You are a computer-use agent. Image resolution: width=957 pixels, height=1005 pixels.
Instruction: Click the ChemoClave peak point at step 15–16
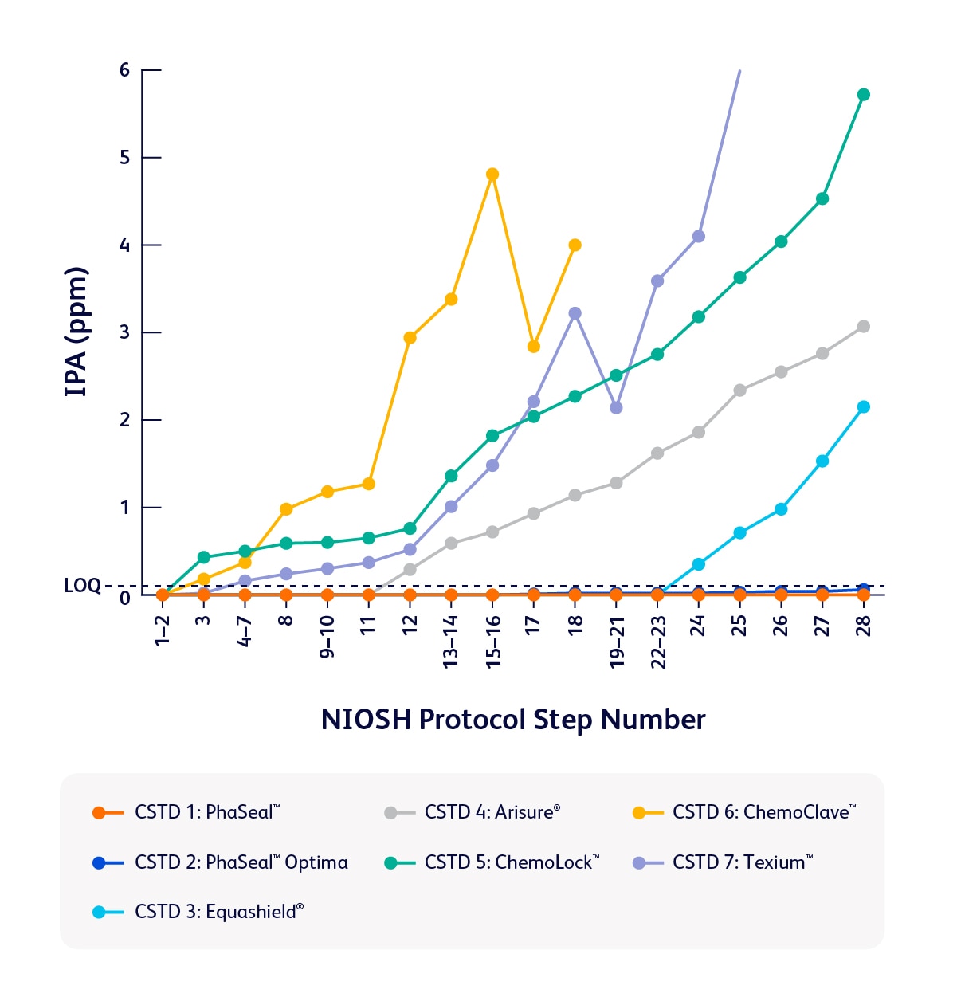(x=492, y=175)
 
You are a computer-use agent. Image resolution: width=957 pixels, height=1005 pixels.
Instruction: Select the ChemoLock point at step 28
(x=863, y=95)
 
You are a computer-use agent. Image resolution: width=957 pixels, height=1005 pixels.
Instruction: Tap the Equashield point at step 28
(x=863, y=407)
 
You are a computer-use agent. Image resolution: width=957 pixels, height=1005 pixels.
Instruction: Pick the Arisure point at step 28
(x=863, y=327)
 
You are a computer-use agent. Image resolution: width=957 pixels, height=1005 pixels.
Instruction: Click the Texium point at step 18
(x=575, y=313)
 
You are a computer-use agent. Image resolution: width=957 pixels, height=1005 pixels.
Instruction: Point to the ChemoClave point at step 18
(x=575, y=245)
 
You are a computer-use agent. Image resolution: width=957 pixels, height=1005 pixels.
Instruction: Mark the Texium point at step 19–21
(x=616, y=408)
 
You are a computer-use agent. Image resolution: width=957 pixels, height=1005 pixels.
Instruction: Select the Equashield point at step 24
(x=699, y=564)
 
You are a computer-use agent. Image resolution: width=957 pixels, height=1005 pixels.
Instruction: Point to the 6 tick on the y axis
(x=124, y=70)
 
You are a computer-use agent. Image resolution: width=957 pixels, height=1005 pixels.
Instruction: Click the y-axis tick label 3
(x=124, y=332)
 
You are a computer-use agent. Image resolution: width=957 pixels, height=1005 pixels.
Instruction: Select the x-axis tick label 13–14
(x=451, y=642)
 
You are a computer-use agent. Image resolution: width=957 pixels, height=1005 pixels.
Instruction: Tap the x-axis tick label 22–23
(x=658, y=642)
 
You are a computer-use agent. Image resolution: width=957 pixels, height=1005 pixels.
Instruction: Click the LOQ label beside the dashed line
(x=82, y=587)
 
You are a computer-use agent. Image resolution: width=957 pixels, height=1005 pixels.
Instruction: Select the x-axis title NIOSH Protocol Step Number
(x=513, y=720)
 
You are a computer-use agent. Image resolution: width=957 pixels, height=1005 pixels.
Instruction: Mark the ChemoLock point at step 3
(x=203, y=557)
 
